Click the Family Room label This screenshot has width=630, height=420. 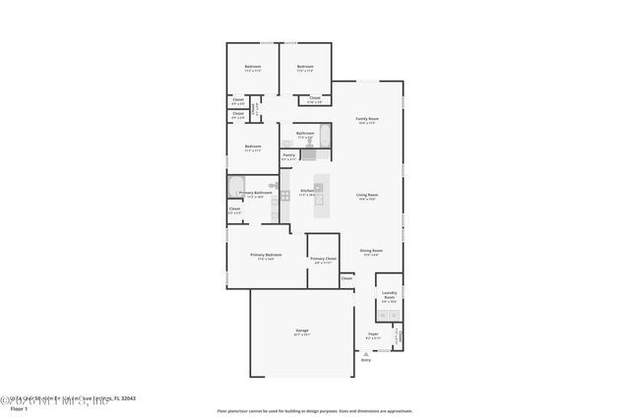[x=367, y=119]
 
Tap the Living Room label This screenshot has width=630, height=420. [x=367, y=196]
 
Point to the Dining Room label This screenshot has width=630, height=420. [x=371, y=251]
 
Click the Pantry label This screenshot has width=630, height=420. [x=288, y=155]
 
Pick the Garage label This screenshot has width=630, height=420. [x=302, y=330]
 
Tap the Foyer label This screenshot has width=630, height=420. [x=373, y=334]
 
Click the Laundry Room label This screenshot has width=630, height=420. [x=389, y=294]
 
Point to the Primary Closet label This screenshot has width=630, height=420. [x=324, y=260]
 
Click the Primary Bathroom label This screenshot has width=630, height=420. [x=255, y=194]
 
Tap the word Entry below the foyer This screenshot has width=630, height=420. [x=366, y=361]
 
